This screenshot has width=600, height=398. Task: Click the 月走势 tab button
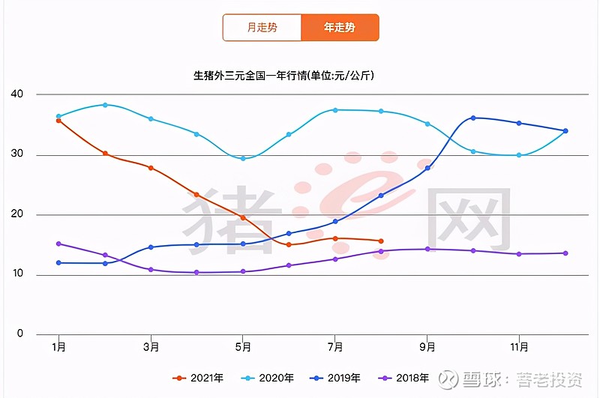click(262, 28)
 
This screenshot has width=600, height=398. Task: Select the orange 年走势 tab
click(340, 28)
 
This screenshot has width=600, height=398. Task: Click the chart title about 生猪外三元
click(284, 76)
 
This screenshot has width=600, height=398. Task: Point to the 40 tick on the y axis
click(17, 94)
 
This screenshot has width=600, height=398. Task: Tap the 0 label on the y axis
click(20, 334)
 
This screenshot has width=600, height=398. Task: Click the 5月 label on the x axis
click(243, 347)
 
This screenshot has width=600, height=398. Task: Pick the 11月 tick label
click(519, 347)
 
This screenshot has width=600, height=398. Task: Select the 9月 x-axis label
click(427, 347)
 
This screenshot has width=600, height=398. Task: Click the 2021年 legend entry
click(198, 379)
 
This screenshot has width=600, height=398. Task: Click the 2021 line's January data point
click(58, 121)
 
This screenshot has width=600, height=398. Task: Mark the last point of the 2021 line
click(381, 241)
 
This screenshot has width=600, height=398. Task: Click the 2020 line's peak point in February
click(105, 105)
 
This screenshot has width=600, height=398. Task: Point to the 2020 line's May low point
click(243, 158)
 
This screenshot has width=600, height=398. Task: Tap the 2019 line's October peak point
click(473, 118)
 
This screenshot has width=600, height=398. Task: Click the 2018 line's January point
click(58, 244)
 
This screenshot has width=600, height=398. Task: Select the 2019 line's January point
click(58, 262)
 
